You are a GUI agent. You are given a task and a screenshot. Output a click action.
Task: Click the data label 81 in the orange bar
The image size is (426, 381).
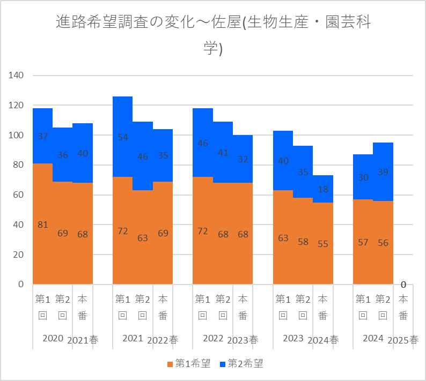43,225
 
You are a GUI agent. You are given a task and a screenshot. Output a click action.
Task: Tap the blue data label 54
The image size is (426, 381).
123,137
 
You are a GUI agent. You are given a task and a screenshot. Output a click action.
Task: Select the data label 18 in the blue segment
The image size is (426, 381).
323,189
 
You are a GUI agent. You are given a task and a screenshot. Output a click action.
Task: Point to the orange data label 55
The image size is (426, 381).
323,243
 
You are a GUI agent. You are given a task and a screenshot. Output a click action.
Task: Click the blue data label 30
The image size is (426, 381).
363,178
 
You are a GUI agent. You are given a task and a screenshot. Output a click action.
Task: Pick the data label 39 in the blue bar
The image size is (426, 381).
383,172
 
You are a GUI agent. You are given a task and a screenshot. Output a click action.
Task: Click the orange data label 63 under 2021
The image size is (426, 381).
143,238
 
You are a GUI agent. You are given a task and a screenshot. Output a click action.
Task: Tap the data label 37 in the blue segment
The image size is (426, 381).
43,136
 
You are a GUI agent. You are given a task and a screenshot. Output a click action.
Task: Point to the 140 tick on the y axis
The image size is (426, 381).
17,76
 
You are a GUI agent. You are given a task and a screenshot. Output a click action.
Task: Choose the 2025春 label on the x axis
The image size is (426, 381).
403,340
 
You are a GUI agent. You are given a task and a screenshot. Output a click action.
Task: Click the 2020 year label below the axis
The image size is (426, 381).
53,339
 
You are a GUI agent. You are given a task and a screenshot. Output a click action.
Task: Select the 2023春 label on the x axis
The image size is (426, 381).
243,340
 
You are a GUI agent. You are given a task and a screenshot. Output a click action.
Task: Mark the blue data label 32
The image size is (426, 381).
243,159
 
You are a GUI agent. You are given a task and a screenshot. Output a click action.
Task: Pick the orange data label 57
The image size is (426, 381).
363,242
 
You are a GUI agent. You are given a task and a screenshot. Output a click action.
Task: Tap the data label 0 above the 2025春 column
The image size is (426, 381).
403,285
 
